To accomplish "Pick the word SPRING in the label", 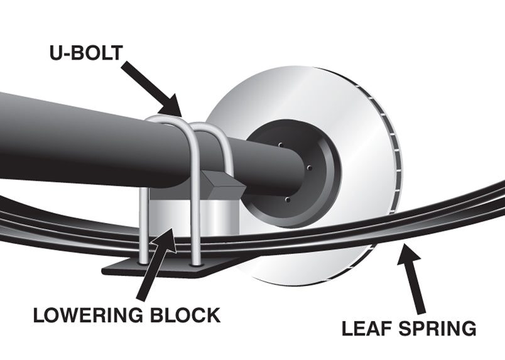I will point(439,327).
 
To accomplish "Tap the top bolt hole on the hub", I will point(280,145).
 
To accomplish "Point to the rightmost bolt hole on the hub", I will point(311,168).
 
